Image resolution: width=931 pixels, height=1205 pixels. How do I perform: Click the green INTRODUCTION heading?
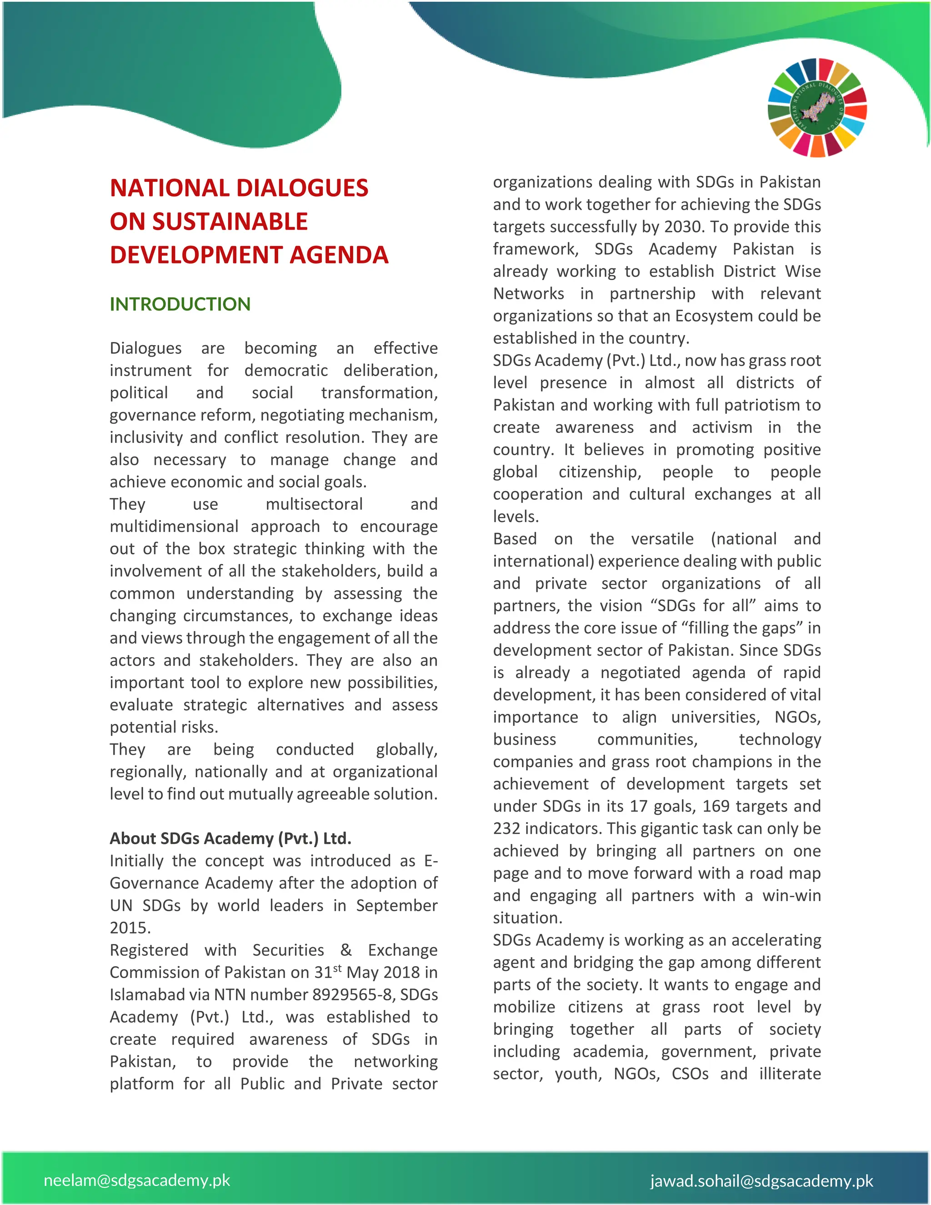pyautogui.click(x=180, y=304)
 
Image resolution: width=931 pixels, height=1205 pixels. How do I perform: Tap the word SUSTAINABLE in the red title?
pyautogui.click(x=230, y=222)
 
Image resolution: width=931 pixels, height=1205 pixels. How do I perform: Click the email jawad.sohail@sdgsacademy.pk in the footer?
pyautogui.click(x=762, y=1181)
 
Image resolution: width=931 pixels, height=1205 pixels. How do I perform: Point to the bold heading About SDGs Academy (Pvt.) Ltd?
pyautogui.click(x=230, y=838)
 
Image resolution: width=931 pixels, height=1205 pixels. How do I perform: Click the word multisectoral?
pyautogui.click(x=314, y=504)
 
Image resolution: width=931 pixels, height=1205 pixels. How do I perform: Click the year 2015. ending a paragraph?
pyautogui.click(x=130, y=928)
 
